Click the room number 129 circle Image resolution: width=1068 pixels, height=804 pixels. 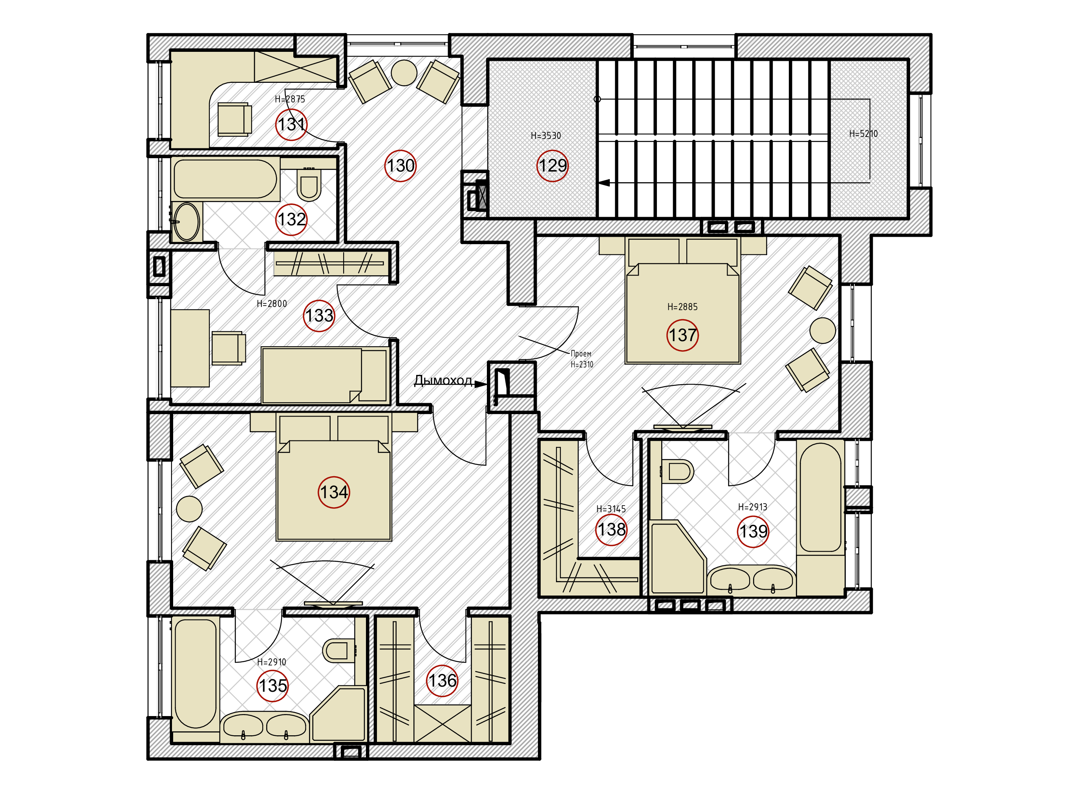[552, 166]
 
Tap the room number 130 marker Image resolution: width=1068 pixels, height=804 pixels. [400, 166]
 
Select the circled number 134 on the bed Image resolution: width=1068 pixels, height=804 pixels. [334, 492]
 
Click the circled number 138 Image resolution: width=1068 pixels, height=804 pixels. [611, 530]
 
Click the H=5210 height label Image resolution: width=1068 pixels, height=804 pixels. [863, 134]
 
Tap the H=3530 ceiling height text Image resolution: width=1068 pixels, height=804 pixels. [546, 135]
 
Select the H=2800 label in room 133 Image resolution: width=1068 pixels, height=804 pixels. [271, 303]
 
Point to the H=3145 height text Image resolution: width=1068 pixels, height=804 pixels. [611, 509]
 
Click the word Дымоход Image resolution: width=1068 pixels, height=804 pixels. [443, 381]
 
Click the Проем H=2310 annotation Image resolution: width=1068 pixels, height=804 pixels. [582, 359]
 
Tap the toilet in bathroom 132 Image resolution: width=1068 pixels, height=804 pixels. [309, 184]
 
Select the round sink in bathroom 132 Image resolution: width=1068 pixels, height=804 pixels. [187, 222]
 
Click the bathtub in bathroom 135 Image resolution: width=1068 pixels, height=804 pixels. [195, 674]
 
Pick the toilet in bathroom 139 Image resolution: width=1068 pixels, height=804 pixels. [677, 471]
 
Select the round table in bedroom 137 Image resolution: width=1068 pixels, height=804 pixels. [822, 331]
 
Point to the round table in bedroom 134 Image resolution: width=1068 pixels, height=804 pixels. [189, 509]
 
